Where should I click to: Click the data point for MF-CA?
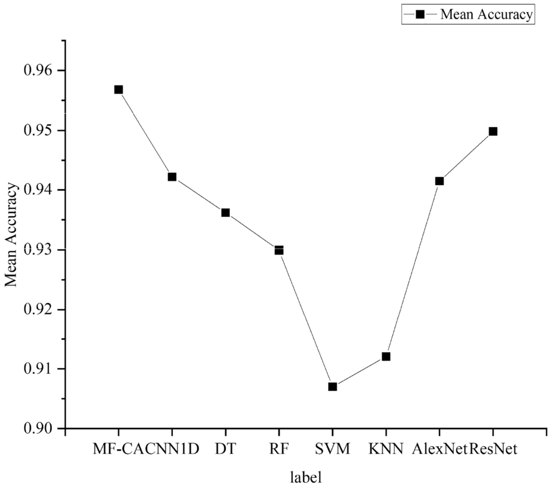click(118, 89)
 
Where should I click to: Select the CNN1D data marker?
click(172, 176)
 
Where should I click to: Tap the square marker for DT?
click(225, 213)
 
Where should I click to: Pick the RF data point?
click(279, 250)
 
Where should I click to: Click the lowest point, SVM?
click(333, 387)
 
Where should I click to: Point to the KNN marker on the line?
click(386, 356)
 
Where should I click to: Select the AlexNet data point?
click(440, 181)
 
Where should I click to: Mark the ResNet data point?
click(493, 131)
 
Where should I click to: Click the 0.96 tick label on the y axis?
click(36, 71)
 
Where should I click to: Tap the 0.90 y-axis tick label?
click(36, 429)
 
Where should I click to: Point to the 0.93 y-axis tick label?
click(36, 250)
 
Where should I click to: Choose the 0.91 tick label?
click(36, 369)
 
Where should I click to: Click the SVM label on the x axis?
click(333, 450)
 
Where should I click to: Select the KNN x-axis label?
click(386, 450)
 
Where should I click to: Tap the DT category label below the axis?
click(225, 450)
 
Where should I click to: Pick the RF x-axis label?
click(279, 450)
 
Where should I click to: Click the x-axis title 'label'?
click(306, 476)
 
